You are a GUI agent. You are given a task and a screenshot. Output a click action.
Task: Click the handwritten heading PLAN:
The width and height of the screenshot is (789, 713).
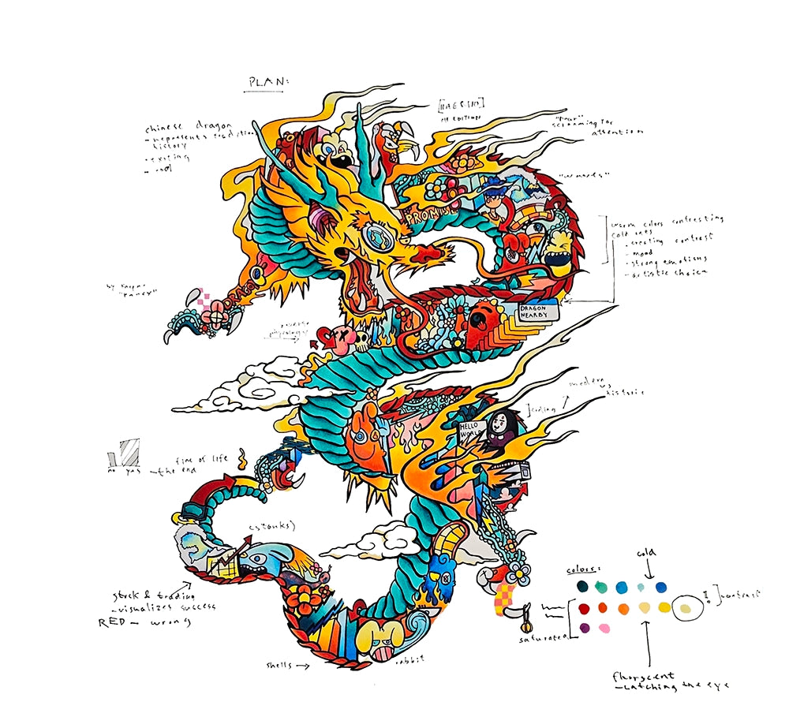269,82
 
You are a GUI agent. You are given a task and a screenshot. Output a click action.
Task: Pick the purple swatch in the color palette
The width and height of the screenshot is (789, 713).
584,628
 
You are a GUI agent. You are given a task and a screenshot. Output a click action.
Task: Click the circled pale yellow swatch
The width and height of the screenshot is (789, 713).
686,608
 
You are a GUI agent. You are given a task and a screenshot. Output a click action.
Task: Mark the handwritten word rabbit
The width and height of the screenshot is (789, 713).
414,659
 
